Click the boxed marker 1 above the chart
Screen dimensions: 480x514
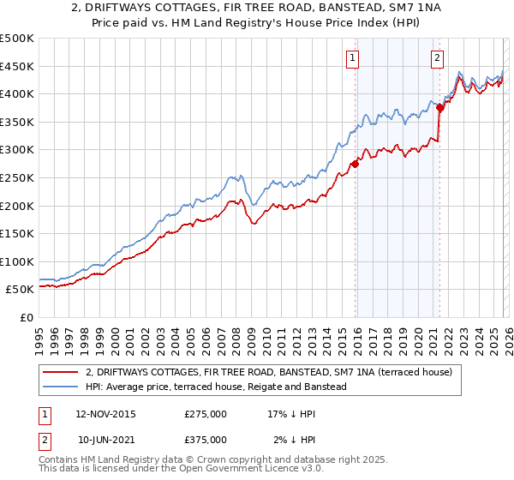[x=353, y=58]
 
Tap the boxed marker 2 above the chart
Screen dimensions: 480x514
[x=437, y=58]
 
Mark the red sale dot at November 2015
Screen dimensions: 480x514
[x=355, y=164]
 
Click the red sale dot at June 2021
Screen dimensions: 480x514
[x=439, y=108]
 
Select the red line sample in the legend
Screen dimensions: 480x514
[x=62, y=372]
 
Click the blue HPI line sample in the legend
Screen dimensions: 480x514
[x=62, y=387]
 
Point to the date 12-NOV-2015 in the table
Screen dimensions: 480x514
[x=105, y=414]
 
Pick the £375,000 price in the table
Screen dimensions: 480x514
[x=206, y=440]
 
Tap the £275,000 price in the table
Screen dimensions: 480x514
[x=206, y=414]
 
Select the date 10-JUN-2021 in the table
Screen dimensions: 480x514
[x=105, y=440]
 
